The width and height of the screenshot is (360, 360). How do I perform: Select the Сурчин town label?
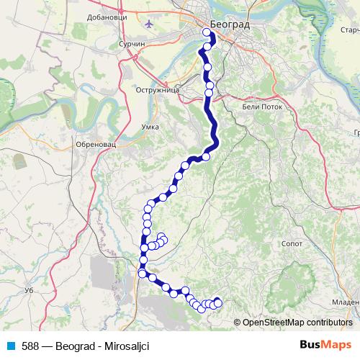point(132,44)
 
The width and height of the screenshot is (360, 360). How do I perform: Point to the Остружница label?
point(157,91)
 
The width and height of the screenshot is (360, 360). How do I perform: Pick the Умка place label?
point(150,127)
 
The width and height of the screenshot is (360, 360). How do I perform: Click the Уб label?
point(30,289)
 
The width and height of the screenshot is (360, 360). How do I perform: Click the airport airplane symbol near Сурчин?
point(149,23)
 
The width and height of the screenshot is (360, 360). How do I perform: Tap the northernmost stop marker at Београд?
point(207,32)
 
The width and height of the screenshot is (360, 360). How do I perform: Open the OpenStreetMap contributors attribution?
point(297,322)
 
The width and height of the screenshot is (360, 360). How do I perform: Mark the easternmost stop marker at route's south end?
point(218,303)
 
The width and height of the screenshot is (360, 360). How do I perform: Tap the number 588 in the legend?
point(30,346)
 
